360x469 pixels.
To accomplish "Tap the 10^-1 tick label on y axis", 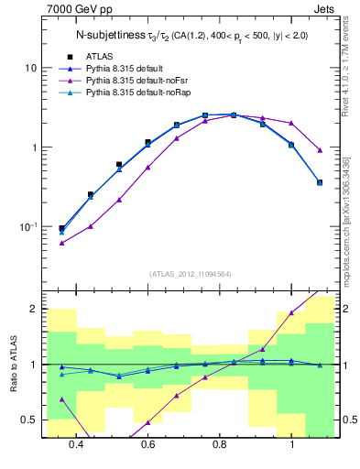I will pyautogui.click(x=29, y=226).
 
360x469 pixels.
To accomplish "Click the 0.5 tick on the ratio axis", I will pyautogui.click(x=30, y=420).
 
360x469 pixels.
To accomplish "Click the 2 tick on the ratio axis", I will pyautogui.click(x=33, y=309).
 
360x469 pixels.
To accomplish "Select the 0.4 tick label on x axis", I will pyautogui.click(x=76, y=444).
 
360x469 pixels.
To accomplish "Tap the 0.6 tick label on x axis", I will pyautogui.click(x=147, y=444).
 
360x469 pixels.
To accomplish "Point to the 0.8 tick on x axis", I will pyautogui.click(x=220, y=444).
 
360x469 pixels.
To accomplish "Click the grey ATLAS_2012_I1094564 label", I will pyautogui.click(x=190, y=272).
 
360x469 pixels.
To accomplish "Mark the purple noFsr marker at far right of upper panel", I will pyautogui.click(x=320, y=150).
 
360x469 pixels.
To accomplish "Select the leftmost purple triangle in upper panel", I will pyautogui.click(x=61, y=243).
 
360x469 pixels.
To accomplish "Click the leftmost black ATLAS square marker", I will pyautogui.click(x=61, y=228).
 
